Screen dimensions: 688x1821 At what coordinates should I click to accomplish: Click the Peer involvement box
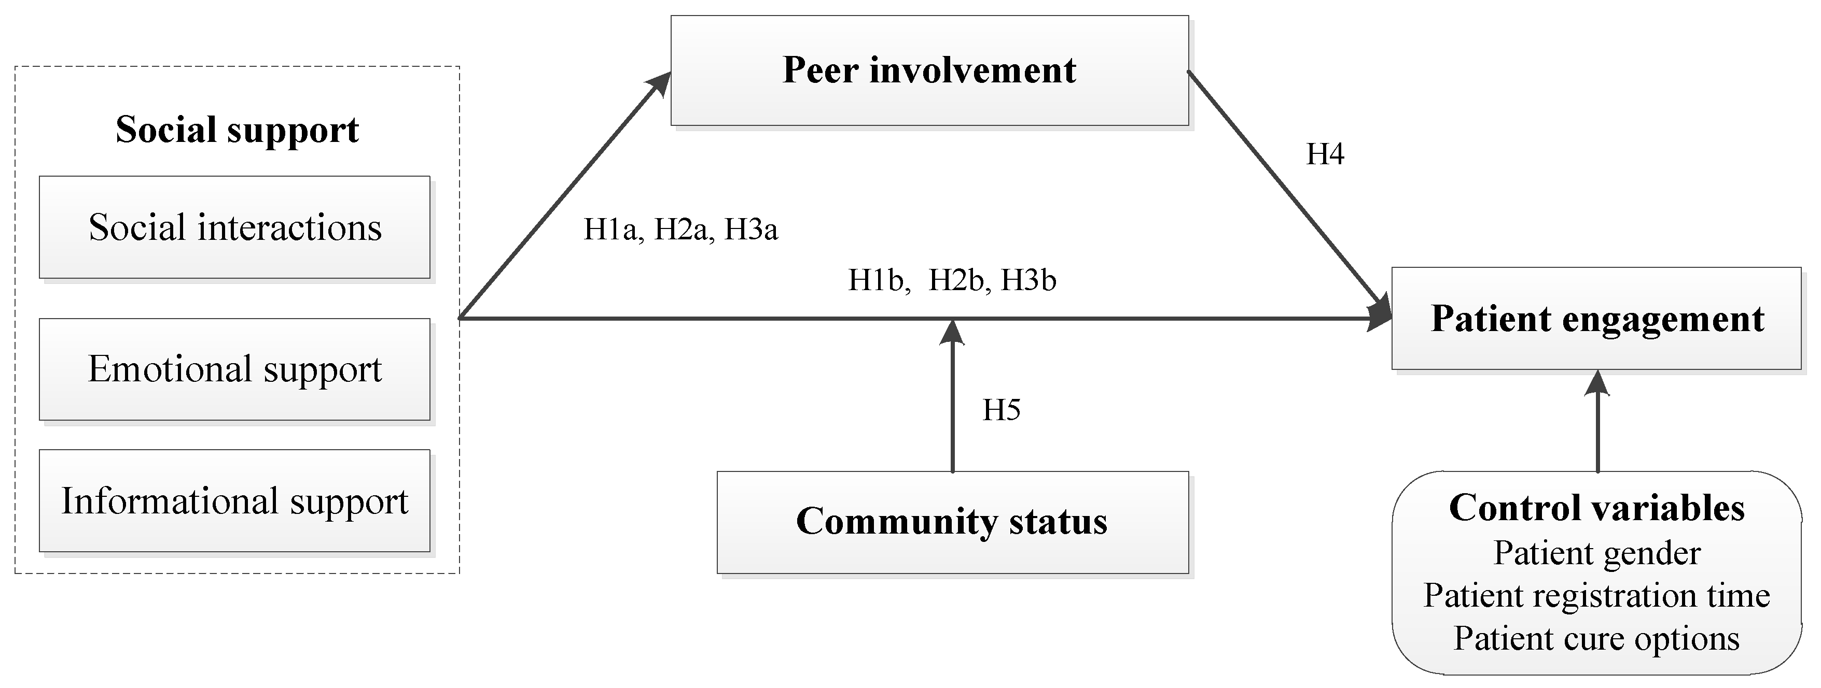(x=929, y=70)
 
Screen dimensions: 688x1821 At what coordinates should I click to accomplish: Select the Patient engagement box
(x=1596, y=318)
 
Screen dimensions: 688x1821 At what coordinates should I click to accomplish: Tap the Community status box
(x=952, y=522)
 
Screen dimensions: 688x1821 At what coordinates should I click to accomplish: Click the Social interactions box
(x=235, y=227)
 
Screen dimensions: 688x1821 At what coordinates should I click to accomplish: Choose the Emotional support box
(x=235, y=369)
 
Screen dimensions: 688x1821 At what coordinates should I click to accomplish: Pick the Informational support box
(x=235, y=501)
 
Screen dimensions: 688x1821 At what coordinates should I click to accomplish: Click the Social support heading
(x=237, y=130)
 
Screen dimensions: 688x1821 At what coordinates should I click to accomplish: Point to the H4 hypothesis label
(x=1325, y=154)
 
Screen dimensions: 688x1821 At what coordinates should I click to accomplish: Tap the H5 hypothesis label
(x=1001, y=410)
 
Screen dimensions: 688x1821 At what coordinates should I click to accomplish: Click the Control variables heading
(x=1596, y=508)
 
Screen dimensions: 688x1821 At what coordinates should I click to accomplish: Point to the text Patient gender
(x=1596, y=553)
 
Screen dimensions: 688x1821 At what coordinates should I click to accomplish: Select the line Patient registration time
(x=1596, y=595)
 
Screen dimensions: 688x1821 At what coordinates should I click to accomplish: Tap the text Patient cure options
(x=1596, y=639)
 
